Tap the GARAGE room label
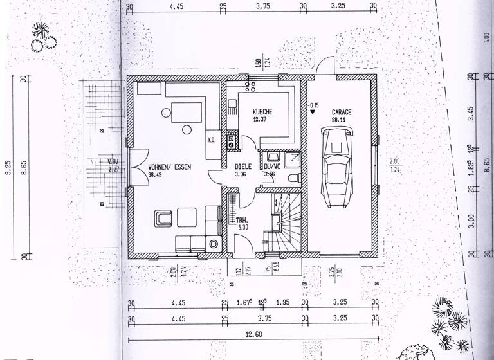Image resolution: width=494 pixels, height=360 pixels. point(342,111)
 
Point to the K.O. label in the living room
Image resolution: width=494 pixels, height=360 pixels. point(210,139)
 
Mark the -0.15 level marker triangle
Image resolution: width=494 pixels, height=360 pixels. point(313,111)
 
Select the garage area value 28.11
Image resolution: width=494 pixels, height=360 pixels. point(338,120)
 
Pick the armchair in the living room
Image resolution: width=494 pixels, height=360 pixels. point(163,219)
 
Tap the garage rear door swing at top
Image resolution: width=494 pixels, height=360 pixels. point(326,66)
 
